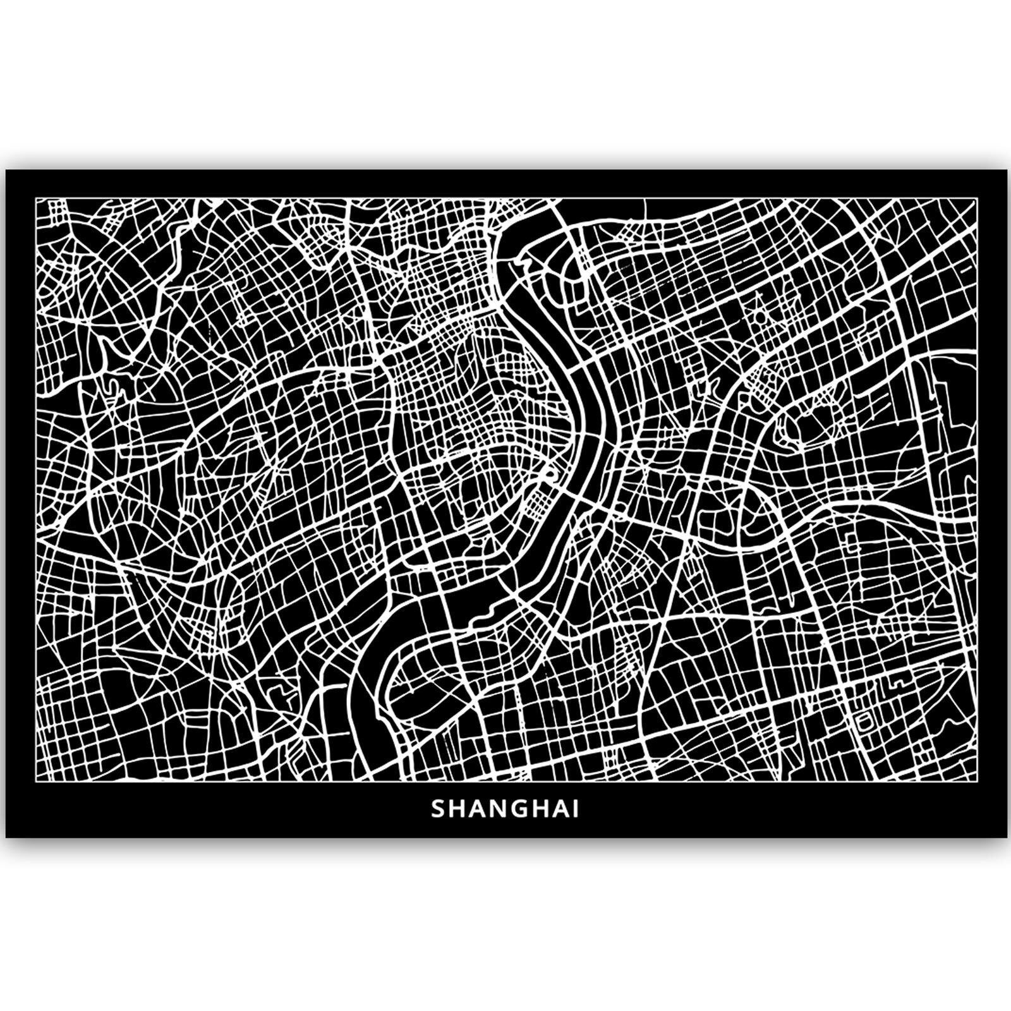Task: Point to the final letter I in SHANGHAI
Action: coord(575,809)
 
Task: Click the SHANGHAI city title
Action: coord(505,809)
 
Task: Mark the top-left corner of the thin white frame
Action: coord(35,198)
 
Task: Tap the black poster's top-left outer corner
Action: coord(6,170)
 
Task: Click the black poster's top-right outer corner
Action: coord(1007,170)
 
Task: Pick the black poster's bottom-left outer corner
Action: coord(6,838)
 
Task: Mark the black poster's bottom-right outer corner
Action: coord(1007,838)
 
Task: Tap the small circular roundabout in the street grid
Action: coord(759,315)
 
